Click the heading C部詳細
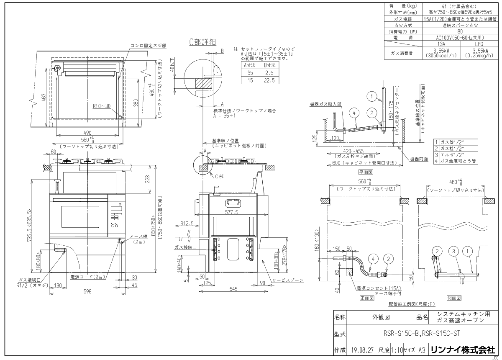click(x=202, y=42)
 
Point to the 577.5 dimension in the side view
click(x=231, y=212)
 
